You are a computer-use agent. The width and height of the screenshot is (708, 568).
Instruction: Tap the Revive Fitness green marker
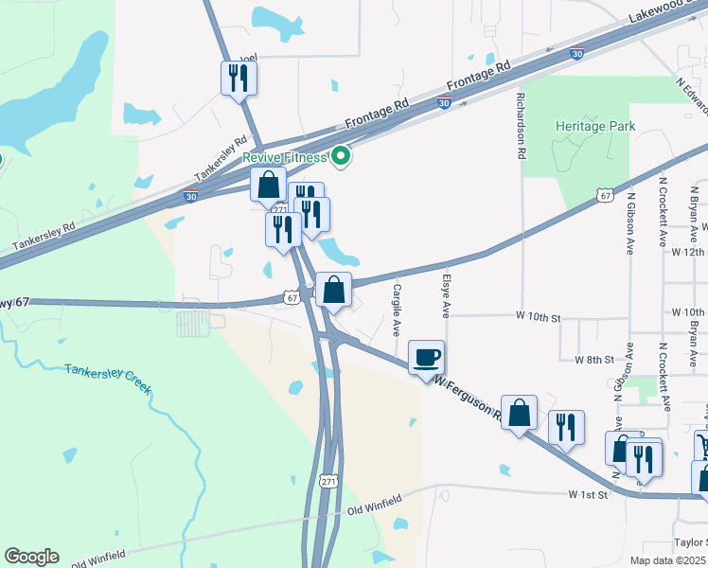[341, 157]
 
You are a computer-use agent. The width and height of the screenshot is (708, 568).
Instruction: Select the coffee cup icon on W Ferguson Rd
[425, 357]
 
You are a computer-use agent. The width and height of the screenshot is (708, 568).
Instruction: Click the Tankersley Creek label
[108, 378]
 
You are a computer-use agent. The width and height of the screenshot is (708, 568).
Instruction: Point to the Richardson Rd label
[522, 125]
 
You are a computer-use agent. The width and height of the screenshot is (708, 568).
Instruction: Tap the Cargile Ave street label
[397, 310]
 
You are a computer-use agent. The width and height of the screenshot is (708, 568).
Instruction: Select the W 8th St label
[594, 360]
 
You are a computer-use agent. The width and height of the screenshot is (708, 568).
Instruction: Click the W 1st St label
[586, 495]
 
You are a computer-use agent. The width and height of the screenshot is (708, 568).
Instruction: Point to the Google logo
[31, 557]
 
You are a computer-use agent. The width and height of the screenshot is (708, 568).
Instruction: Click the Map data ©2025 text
[667, 560]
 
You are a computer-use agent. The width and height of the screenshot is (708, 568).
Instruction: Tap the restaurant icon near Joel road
[239, 78]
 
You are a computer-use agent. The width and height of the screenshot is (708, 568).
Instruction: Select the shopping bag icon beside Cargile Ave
[333, 290]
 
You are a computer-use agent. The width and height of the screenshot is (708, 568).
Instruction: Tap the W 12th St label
[688, 252]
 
